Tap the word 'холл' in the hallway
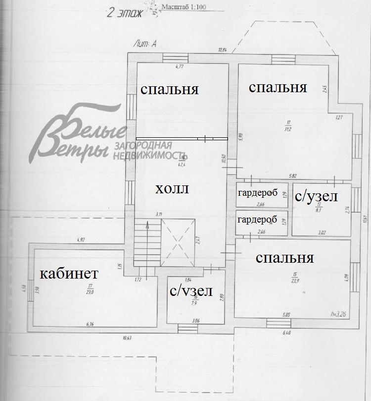173,189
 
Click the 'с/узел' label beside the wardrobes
317,196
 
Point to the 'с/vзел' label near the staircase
191,291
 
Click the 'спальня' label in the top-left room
170,89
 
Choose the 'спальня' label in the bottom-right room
285,258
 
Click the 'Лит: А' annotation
145,44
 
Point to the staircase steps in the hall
147,243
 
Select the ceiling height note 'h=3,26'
339,313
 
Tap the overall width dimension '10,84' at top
222,50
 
